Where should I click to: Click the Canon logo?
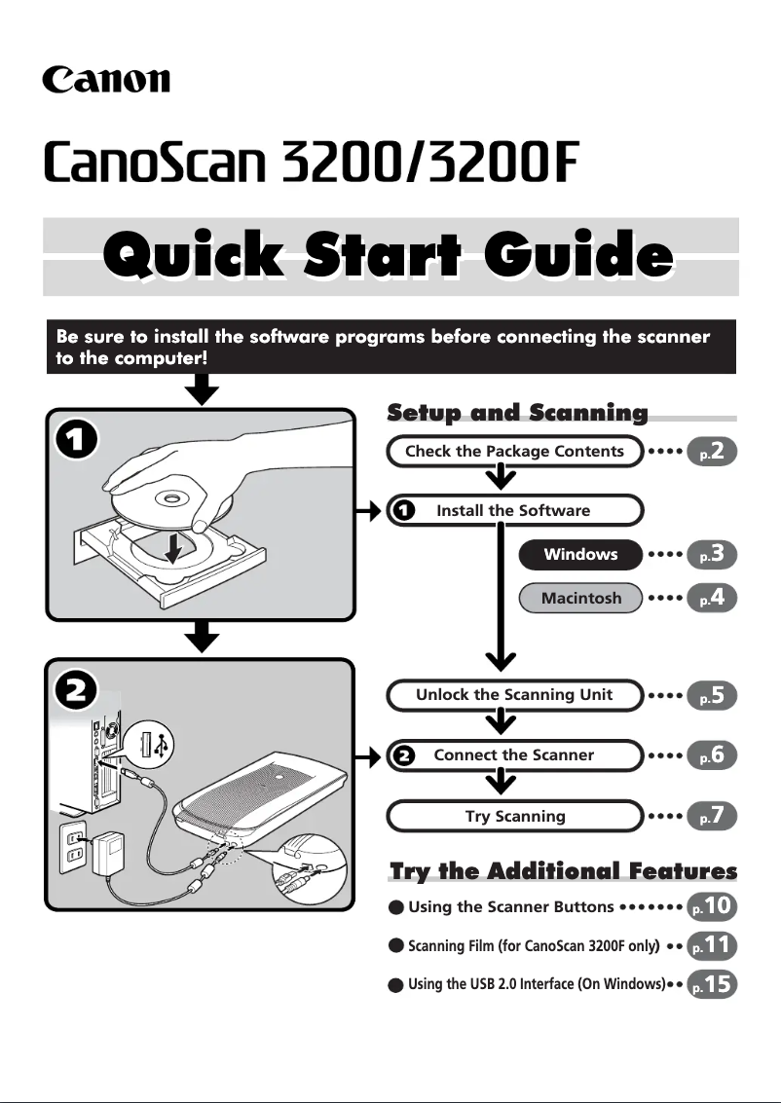[x=105, y=79]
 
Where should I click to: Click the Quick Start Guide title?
[x=390, y=257]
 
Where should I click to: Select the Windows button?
[x=580, y=555]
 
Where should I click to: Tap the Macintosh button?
[x=580, y=598]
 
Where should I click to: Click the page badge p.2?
[x=712, y=451]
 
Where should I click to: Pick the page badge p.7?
[x=712, y=816]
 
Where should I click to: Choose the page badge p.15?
[x=712, y=984]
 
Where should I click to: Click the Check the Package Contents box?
[x=514, y=451]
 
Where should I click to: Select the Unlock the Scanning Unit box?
[x=514, y=694]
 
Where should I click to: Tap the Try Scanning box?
[x=514, y=816]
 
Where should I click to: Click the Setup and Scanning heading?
[x=517, y=413]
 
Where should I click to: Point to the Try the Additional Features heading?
[x=563, y=870]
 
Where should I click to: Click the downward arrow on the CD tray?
[x=173, y=549]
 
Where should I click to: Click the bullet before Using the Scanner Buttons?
[x=395, y=907]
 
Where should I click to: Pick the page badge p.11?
[x=712, y=945]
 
